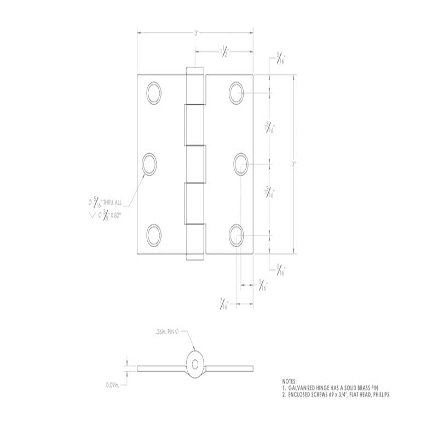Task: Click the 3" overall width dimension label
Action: [195, 33]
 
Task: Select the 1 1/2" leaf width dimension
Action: [225, 53]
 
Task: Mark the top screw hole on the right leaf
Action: [237, 91]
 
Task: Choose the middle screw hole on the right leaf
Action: [241, 163]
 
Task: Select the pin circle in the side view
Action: [194, 364]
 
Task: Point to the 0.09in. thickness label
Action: [114, 385]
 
